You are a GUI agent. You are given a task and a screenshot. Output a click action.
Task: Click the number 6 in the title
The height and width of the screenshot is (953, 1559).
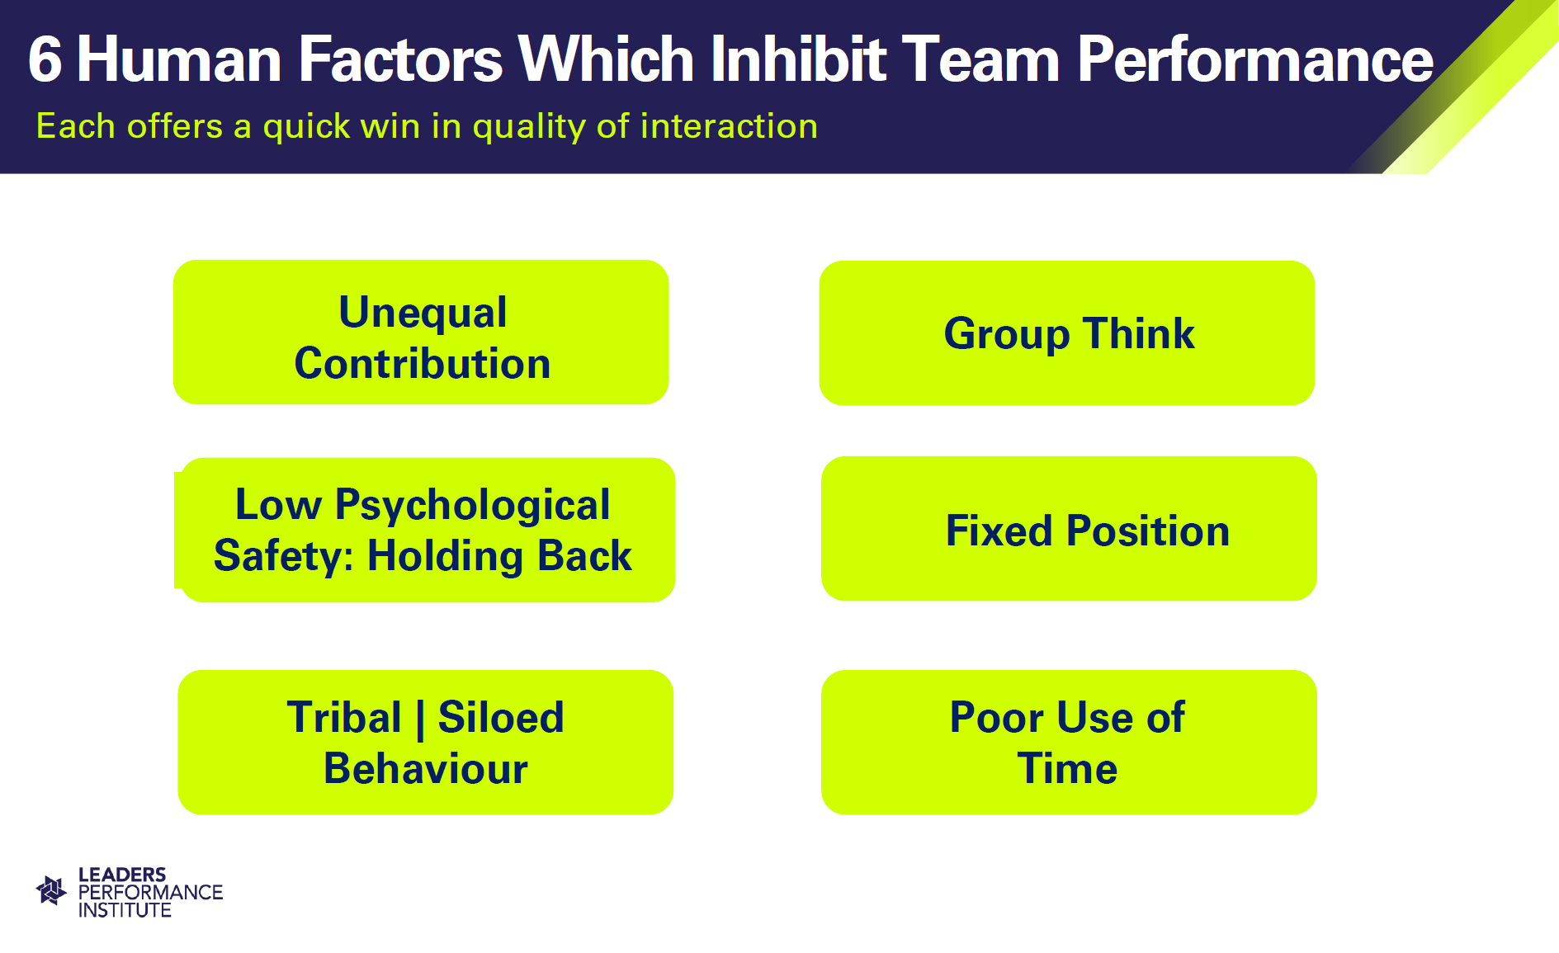(45, 60)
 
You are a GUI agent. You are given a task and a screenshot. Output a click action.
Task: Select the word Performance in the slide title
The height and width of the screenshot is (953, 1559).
(1255, 59)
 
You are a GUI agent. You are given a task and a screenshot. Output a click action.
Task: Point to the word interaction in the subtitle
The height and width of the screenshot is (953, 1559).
(729, 126)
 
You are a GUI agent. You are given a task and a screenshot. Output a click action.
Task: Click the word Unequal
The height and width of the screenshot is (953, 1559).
(423, 313)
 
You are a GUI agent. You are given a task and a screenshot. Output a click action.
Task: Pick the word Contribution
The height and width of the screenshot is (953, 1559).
(423, 364)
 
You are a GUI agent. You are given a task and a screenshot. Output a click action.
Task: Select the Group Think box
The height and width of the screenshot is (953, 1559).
(1067, 333)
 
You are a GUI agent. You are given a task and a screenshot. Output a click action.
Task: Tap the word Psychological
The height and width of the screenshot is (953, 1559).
(472, 506)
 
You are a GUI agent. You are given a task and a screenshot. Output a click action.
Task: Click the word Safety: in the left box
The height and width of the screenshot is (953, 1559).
(284, 556)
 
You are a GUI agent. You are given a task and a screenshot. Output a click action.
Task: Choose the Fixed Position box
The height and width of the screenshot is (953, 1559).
(1069, 528)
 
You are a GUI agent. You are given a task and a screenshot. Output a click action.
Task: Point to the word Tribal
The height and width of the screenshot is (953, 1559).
(344, 717)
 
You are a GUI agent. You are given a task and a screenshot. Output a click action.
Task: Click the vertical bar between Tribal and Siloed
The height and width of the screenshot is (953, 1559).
(420, 719)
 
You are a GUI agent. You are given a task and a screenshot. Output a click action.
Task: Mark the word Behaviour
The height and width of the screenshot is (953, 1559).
(426, 769)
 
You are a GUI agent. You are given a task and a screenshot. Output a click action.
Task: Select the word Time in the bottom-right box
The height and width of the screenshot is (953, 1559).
(1067, 769)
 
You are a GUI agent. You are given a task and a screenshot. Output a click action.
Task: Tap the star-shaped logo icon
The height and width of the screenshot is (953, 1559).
(51, 890)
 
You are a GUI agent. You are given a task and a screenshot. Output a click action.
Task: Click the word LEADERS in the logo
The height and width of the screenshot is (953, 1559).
(122, 875)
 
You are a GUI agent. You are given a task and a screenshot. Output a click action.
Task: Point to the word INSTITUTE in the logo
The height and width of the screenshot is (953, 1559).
(125, 910)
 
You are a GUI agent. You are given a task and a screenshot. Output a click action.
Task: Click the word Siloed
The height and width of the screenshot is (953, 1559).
(501, 717)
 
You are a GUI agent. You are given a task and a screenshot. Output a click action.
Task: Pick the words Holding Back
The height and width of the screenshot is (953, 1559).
(499, 556)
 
